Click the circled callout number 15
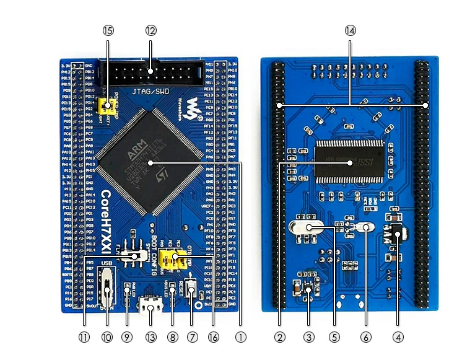108,30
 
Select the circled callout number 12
151,30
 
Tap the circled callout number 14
351,30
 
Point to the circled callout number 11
84,337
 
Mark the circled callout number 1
242,337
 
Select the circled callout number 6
365,337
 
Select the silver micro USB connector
150,305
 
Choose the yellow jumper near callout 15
109,104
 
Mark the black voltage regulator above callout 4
396,232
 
